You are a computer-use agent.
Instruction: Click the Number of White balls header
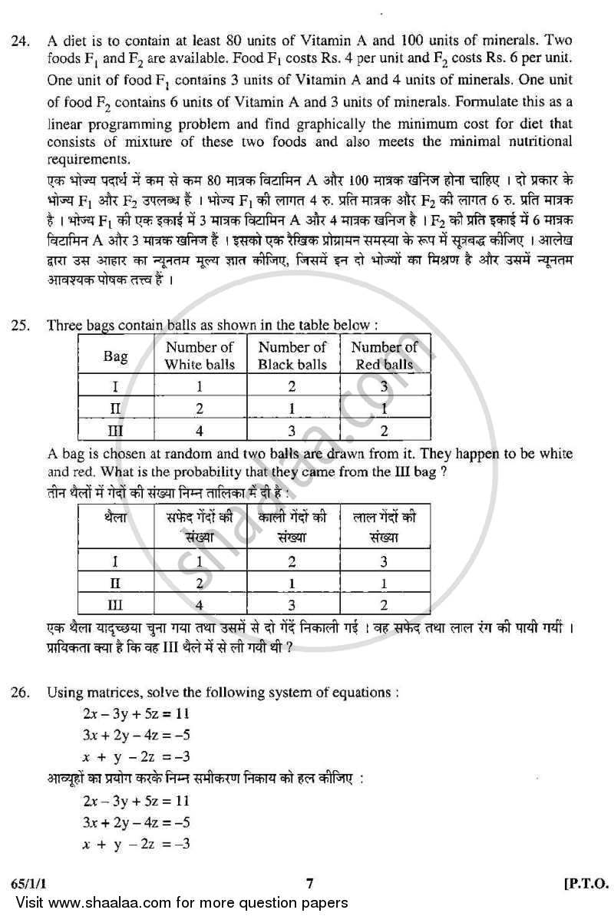200,356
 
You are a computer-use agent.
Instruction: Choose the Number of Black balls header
292,356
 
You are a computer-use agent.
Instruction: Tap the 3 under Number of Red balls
384,387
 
